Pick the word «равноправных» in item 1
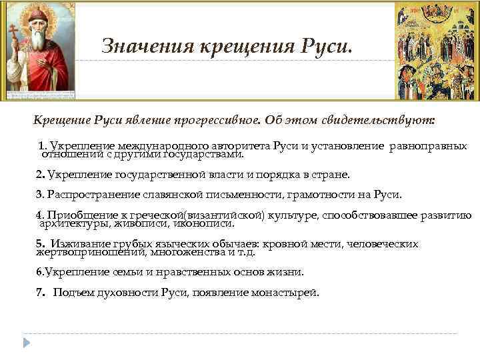point(429,146)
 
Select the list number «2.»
point(40,175)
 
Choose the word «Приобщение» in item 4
point(76,215)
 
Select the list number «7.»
point(40,292)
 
